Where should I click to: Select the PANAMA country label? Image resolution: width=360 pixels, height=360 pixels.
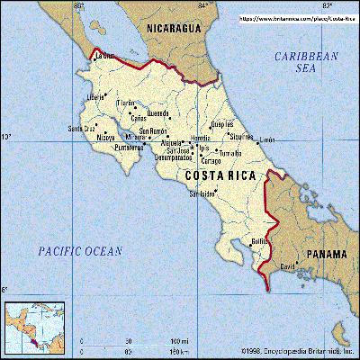tap(326, 255)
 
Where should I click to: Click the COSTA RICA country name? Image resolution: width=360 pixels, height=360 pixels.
tap(220, 175)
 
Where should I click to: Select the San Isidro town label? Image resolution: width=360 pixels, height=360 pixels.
tap(202, 193)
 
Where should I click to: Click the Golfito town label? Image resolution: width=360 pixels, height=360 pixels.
tap(260, 241)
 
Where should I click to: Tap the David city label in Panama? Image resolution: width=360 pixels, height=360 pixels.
tap(287, 267)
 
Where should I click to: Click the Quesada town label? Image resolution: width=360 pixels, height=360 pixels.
tap(157, 114)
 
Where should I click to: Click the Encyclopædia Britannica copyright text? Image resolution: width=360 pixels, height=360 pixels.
tap(297, 350)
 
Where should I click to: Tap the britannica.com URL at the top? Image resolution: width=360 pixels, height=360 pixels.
tap(296, 17)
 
